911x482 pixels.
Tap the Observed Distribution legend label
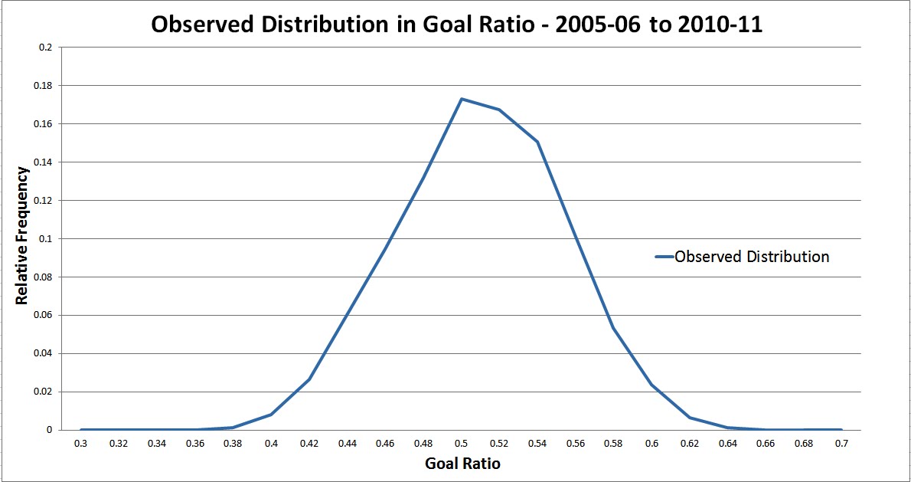click(x=752, y=257)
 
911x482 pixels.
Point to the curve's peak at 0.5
click(x=462, y=99)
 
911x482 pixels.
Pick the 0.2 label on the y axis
click(x=46, y=47)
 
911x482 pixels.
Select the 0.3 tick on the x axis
click(x=80, y=443)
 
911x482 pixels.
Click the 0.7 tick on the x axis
click(x=841, y=443)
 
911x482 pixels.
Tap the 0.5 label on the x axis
click(x=462, y=443)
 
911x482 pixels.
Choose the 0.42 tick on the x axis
click(x=309, y=443)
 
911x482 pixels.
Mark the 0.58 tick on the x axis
click(x=613, y=443)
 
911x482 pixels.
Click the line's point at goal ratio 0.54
click(x=537, y=142)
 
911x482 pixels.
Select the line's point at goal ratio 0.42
click(x=309, y=379)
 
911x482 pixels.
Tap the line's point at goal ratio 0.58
click(x=613, y=328)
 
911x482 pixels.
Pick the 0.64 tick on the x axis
click(x=727, y=443)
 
